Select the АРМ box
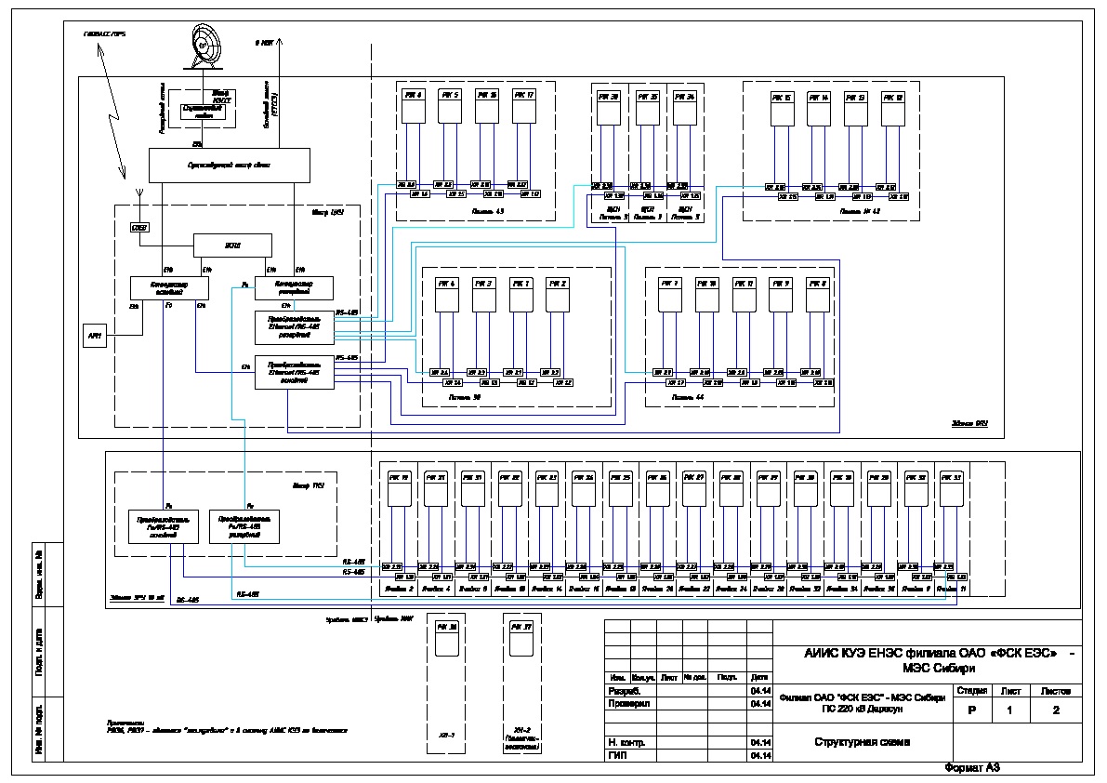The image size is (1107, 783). click(94, 336)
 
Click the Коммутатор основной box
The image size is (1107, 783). click(168, 287)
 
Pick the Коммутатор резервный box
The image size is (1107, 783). click(293, 287)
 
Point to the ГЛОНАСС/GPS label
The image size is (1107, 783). click(104, 33)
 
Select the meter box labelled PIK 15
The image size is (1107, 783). click(783, 110)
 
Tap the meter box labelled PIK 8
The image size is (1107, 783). click(817, 296)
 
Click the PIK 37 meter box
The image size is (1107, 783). click(521, 641)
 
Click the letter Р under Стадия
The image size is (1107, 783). click(971, 710)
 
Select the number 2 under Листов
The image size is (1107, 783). click(1054, 710)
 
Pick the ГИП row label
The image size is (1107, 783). click(616, 755)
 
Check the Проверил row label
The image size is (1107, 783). click(629, 704)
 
